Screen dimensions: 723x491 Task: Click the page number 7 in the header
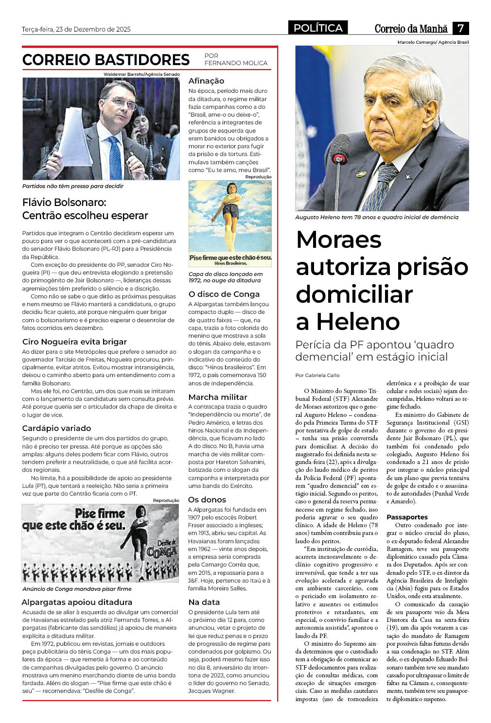point(460,28)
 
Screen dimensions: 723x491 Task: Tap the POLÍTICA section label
point(318,28)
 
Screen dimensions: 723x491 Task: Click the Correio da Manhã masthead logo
point(411,29)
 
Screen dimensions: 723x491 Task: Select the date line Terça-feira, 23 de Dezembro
point(76,29)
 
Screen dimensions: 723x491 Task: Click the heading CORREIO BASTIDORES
point(106,60)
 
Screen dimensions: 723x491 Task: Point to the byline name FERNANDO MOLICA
point(236,63)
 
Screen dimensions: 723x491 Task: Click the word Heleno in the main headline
point(348,321)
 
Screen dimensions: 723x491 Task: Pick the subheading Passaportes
point(407,517)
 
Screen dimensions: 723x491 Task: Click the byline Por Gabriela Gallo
point(317,375)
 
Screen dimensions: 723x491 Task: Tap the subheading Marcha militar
point(218,397)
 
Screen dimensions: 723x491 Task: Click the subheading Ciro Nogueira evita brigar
point(74,342)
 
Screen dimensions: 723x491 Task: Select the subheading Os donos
point(207,499)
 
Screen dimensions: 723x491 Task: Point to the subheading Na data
point(204,602)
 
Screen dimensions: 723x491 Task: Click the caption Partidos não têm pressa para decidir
point(73,186)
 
